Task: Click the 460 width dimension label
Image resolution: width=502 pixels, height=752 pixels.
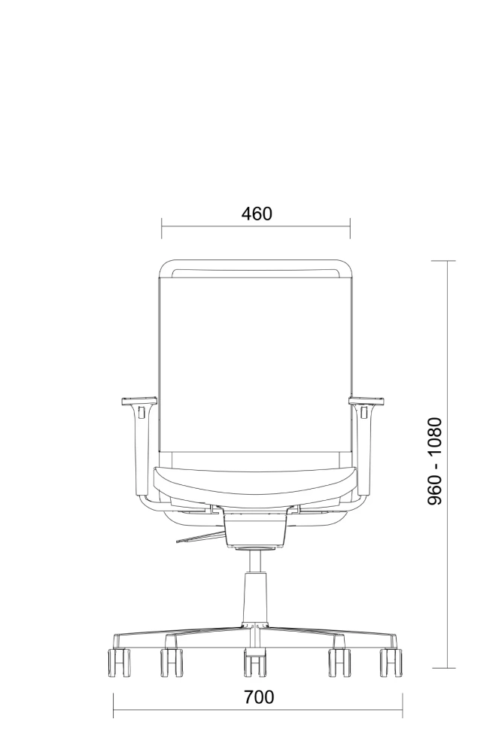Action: [257, 214]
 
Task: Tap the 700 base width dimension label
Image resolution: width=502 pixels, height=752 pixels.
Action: [259, 697]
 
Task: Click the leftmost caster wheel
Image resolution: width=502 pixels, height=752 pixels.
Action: [117, 663]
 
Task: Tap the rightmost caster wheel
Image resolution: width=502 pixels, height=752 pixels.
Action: [391, 663]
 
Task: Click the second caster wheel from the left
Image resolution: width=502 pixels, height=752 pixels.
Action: [172, 663]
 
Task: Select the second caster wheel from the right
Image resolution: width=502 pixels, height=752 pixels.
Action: [339, 663]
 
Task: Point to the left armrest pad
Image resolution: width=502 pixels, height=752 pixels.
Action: [138, 401]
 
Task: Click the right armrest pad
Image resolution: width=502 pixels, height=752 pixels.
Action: [367, 401]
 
